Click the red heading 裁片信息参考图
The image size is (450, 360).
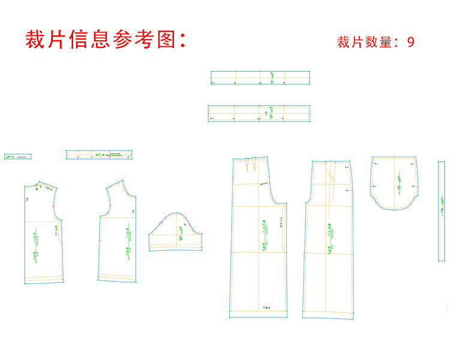[106, 40]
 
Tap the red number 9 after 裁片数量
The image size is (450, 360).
[410, 42]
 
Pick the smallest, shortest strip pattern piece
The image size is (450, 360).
[17, 157]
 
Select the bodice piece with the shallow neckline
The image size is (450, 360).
[43, 234]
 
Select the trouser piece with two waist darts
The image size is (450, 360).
[258, 240]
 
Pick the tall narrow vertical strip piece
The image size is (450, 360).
[442, 211]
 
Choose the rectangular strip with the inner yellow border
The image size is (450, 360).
[259, 113]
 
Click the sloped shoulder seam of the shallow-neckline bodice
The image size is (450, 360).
[49, 185]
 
